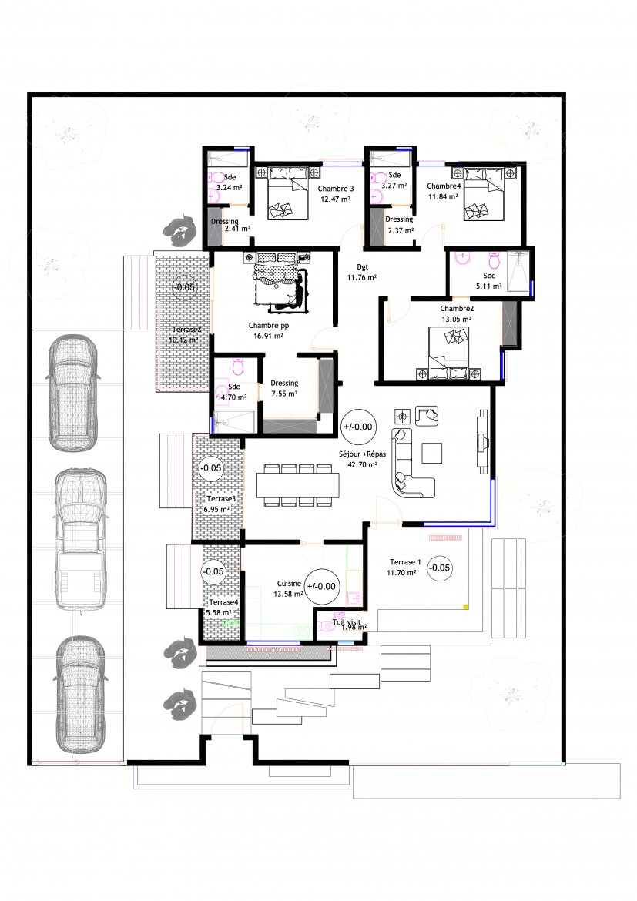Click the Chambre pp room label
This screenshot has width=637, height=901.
point(269,325)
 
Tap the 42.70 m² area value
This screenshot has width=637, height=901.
point(363,465)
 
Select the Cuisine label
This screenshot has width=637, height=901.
point(289,583)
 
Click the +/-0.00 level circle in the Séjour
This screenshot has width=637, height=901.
point(358,427)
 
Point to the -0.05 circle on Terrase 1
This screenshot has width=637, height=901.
point(440,568)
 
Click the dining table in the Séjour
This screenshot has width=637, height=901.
point(298,486)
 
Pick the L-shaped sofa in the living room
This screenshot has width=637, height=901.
point(411,463)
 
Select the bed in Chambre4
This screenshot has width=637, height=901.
point(484,194)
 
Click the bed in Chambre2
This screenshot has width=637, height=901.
point(449,353)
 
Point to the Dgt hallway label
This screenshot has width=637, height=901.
point(362,267)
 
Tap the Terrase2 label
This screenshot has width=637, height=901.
point(187,330)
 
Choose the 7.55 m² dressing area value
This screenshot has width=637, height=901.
point(284,394)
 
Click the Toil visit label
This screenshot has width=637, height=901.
point(347,621)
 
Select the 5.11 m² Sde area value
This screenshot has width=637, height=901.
point(488,286)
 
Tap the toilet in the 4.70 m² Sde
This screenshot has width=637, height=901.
point(238,366)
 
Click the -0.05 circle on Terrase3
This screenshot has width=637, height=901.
point(211,468)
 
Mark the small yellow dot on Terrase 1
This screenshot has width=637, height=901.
point(466,607)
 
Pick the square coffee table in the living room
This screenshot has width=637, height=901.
point(432,453)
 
